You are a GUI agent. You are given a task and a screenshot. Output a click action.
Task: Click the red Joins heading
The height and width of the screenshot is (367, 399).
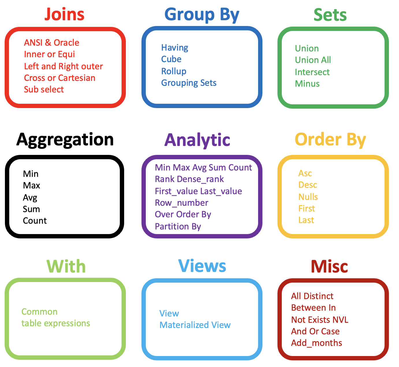pos(64,14)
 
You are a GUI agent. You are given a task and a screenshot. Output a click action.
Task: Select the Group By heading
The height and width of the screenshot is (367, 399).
pos(202,14)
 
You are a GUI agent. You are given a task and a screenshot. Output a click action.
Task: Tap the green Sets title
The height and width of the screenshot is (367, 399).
pos(330,15)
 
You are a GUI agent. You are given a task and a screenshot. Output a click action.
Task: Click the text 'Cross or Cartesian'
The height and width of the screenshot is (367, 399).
pos(59,78)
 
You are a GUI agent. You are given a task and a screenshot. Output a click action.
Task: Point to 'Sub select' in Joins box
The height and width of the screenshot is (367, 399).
pos(44,90)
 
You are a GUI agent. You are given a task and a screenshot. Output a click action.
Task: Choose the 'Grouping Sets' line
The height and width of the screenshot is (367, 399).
pos(189,83)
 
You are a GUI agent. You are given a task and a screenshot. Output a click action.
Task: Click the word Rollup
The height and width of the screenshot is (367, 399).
pos(174,71)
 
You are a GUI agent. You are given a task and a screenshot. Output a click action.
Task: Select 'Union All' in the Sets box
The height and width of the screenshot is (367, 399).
pos(313,60)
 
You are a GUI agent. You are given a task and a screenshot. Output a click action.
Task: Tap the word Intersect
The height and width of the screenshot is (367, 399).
pos(312,72)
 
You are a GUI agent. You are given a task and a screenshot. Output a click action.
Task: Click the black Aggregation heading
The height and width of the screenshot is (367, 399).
pos(65,140)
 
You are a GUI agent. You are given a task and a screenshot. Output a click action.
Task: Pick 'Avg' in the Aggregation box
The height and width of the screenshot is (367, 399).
pos(30,198)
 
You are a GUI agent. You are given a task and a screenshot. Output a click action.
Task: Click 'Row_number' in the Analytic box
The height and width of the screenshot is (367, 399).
pos(181,203)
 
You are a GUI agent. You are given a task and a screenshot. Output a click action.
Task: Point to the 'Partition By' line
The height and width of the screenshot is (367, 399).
pos(178,226)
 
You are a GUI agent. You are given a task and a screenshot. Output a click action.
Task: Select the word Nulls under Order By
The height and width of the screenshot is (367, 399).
pos(308,197)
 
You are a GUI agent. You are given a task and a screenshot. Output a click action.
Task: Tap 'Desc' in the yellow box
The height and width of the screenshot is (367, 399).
pos(307,185)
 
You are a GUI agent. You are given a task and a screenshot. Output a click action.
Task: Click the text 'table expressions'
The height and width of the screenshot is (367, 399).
pos(56,323)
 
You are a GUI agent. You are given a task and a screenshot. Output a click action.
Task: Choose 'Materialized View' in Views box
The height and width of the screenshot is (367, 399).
pos(195,325)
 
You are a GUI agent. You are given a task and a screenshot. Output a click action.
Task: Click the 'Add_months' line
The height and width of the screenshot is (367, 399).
pos(316,343)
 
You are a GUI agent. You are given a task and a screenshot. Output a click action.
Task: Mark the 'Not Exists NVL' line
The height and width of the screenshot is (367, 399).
pos(320,320)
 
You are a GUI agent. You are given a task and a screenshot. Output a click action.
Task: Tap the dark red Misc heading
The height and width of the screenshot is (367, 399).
pos(329,266)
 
